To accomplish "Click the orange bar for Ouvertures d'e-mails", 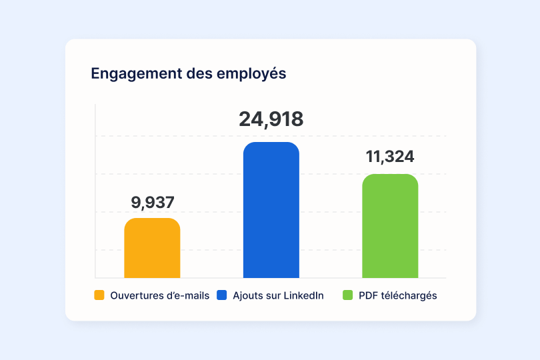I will [x=152, y=248].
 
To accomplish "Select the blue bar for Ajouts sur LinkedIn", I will [x=271, y=210].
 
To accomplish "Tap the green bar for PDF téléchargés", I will [x=390, y=226].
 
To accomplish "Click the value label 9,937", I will [x=152, y=203].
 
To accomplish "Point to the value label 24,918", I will [x=271, y=119].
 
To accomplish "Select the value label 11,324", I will [x=390, y=157].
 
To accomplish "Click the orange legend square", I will [x=99, y=295].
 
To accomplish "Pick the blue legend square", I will [x=223, y=295].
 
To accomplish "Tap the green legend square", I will [x=347, y=295].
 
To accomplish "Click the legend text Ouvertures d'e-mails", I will [x=160, y=295].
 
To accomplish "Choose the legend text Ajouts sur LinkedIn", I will [x=278, y=295].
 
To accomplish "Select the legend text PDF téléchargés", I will [x=397, y=295].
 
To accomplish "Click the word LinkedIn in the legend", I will [x=303, y=295].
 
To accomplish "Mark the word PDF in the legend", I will [x=367, y=295].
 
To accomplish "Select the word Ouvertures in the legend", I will [x=134, y=295].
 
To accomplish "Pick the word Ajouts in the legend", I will [x=247, y=295].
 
